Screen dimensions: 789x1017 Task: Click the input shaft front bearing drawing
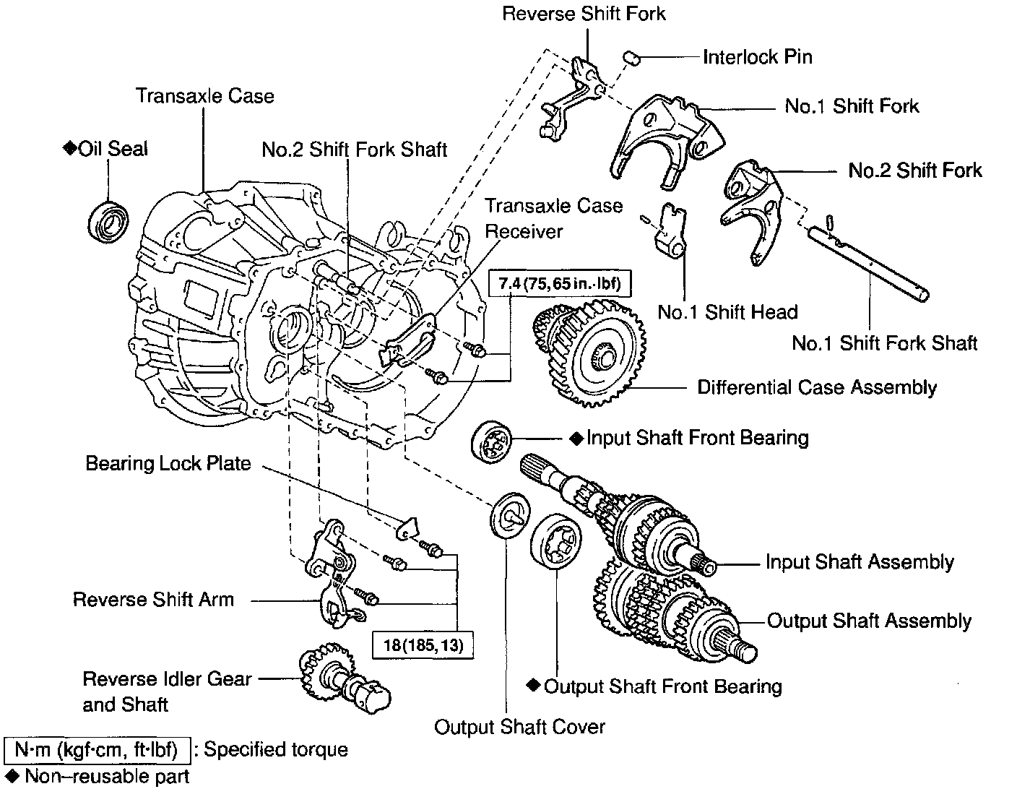pyautogui.click(x=492, y=439)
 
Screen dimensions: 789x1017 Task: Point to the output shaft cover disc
pyautogui.click(x=510, y=516)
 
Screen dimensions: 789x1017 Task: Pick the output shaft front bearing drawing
pyautogui.click(x=556, y=543)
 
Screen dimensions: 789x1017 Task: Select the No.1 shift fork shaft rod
pyautogui.click(x=867, y=264)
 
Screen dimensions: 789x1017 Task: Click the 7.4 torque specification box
pyautogui.click(x=554, y=283)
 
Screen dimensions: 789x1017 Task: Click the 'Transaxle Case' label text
pyautogui.click(x=205, y=96)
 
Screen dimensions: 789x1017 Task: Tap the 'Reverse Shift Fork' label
pyautogui.click(x=584, y=14)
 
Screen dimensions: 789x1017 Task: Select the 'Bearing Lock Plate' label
pyautogui.click(x=168, y=462)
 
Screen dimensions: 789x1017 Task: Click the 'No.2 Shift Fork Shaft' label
pyautogui.click(x=354, y=150)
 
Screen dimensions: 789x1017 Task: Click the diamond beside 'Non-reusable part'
pyautogui.click(x=13, y=776)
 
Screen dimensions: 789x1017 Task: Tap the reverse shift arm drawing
pyautogui.click(x=331, y=571)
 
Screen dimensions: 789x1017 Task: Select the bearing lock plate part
pyautogui.click(x=409, y=528)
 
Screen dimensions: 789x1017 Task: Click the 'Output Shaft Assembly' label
pyautogui.click(x=869, y=621)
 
